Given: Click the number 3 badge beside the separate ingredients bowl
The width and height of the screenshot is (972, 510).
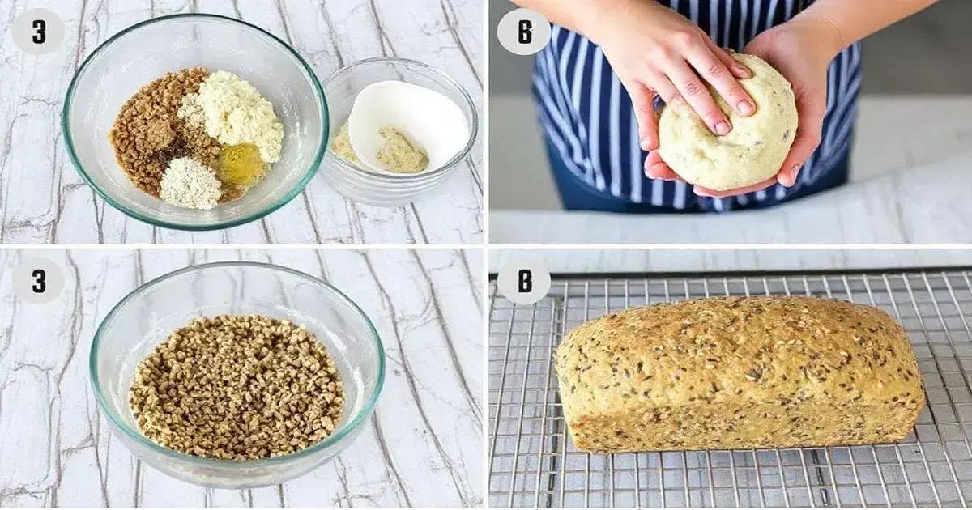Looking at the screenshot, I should point(37,32).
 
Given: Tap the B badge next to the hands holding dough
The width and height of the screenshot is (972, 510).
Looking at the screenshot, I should point(523,32).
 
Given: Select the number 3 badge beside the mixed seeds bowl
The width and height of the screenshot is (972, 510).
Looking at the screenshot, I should point(37,281).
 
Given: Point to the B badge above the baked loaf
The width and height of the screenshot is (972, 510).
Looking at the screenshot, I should point(523,281).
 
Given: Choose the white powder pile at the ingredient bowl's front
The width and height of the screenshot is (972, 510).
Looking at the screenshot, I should point(190,182).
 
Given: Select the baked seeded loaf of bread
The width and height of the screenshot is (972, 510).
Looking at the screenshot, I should point(737,372).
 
